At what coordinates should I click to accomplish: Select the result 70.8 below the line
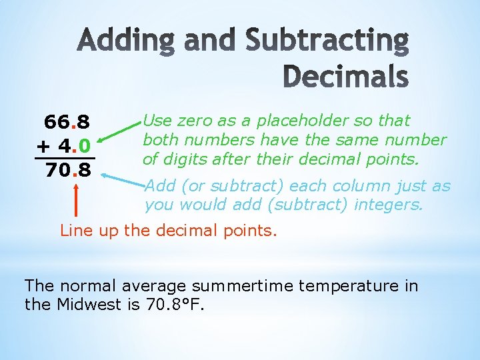[x=68, y=171]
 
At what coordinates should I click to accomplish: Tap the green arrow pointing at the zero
[x=120, y=133]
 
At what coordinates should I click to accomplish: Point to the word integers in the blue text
[x=388, y=205]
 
